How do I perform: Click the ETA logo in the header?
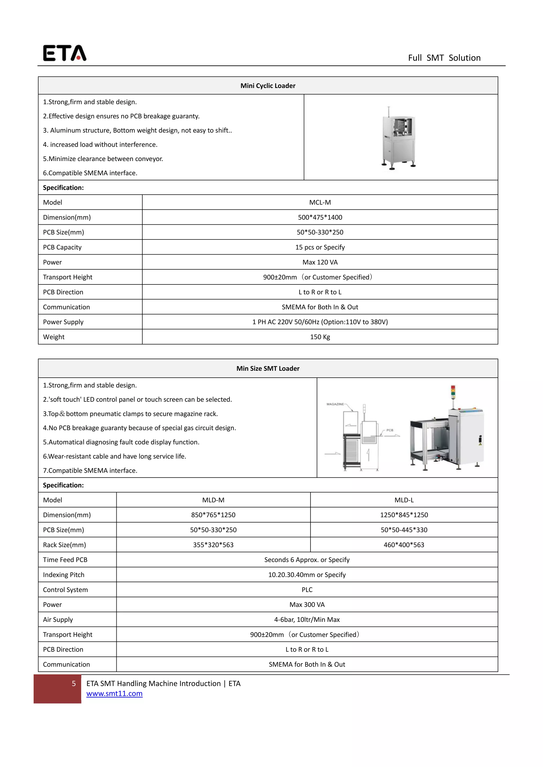(64, 53)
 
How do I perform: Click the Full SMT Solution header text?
(444, 58)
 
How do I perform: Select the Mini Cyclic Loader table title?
(268, 86)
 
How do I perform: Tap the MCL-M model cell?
(320, 202)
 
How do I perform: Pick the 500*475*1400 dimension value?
(320, 217)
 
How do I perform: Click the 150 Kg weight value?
(320, 337)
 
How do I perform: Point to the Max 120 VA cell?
(320, 262)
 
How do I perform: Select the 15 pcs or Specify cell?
(320, 247)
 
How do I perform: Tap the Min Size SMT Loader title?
(268, 368)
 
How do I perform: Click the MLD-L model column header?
(404, 500)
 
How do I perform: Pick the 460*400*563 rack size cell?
(404, 545)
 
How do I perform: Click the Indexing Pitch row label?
(64, 575)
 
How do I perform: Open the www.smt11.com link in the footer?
(114, 694)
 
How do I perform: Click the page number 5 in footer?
(74, 684)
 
